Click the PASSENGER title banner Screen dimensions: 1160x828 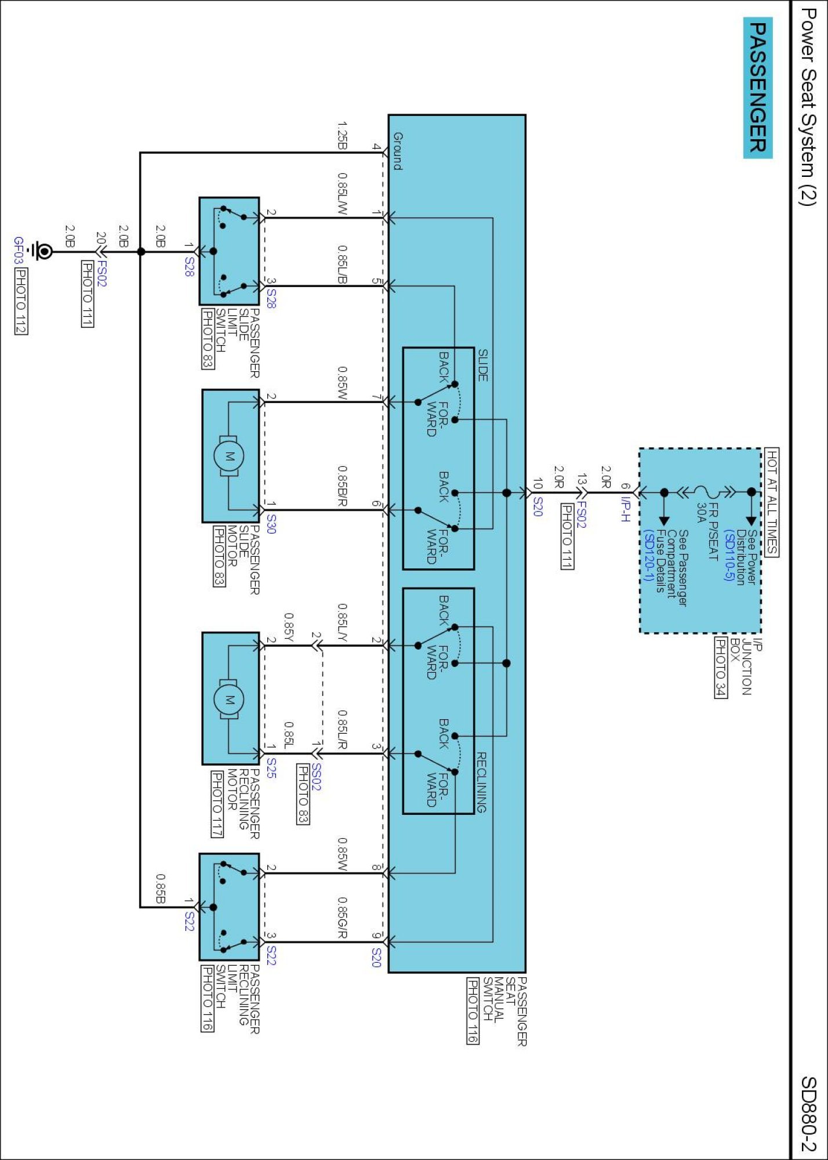click(758, 88)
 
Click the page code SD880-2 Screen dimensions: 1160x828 click(808, 1114)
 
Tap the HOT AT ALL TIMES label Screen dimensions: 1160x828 click(772, 502)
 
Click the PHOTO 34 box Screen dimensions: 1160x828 click(720, 668)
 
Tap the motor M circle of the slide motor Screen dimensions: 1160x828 click(229, 456)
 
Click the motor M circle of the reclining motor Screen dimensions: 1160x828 click(229, 699)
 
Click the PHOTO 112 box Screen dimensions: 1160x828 click(21, 301)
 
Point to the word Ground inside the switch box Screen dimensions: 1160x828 click(398, 151)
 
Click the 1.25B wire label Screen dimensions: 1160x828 click(343, 135)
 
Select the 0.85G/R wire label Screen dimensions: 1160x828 click(343, 918)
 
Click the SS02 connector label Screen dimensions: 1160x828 click(316, 777)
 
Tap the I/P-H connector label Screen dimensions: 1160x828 click(624, 509)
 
